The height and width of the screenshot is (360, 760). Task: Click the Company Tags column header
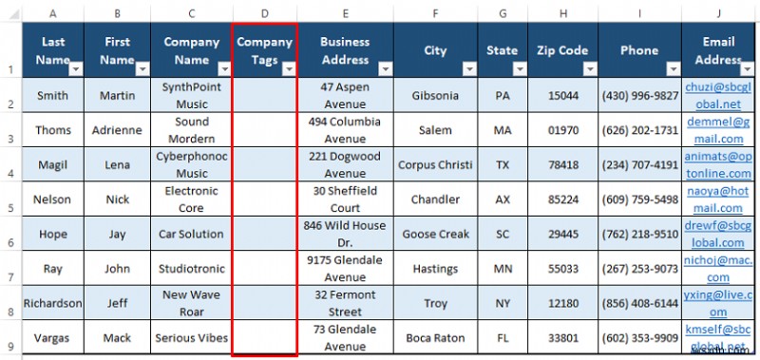coord(264,50)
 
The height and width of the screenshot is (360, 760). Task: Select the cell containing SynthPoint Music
coord(192,95)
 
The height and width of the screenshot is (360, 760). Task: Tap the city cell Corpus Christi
coord(434,164)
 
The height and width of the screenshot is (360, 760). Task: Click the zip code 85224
coord(563,199)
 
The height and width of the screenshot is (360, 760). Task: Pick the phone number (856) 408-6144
coord(637,303)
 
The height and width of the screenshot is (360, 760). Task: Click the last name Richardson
coord(52,303)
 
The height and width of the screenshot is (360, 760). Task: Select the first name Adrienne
coord(117,130)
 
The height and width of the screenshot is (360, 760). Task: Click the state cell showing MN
coord(502,269)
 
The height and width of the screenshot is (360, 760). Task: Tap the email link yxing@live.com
coord(719,303)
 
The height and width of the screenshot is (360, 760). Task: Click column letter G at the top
coord(502,14)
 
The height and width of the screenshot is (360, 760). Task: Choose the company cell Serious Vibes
coord(192,337)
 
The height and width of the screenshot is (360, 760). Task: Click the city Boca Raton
coord(434,337)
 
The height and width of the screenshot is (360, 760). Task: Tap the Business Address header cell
coord(345,50)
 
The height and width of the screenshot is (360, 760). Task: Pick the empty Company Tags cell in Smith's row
coord(264,95)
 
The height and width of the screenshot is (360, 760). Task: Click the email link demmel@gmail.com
coord(719,130)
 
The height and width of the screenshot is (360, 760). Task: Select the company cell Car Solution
coord(192,234)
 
